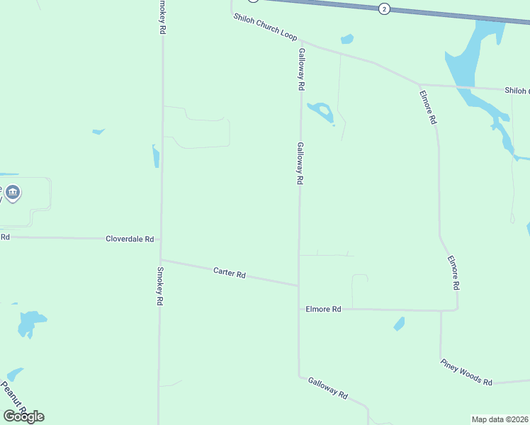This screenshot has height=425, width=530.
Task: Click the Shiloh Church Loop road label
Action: (265, 27)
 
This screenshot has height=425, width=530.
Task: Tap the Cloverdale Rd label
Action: (130, 239)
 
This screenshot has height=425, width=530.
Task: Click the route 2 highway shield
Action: (383, 8)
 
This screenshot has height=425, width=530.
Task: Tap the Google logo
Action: (23, 416)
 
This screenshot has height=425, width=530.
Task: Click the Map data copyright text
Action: (500, 419)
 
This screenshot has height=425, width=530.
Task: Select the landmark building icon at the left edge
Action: (12, 192)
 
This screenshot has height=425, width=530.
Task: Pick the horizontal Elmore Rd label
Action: (323, 310)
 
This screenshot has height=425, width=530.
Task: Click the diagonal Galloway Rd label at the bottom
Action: (328, 387)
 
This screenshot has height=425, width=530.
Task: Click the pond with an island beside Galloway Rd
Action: (321, 110)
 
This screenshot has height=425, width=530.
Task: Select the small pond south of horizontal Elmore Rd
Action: (400, 324)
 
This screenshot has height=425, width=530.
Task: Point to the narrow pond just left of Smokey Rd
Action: (156, 156)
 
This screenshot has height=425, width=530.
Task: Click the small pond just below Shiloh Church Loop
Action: (347, 39)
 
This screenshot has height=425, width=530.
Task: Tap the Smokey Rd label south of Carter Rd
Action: (160, 286)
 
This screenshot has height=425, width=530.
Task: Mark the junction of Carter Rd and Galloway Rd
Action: (298, 285)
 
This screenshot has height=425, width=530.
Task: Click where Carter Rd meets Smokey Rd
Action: (161, 259)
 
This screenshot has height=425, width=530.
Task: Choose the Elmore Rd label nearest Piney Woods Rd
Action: (454, 272)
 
